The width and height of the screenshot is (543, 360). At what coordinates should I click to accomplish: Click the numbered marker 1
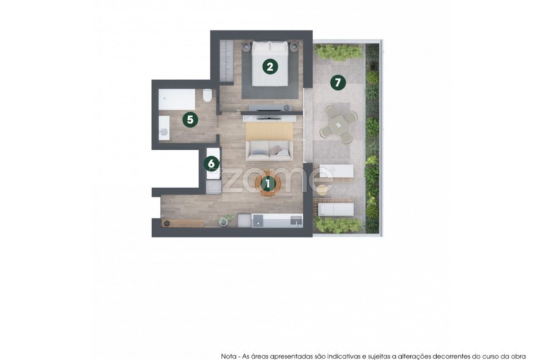pos(268,184)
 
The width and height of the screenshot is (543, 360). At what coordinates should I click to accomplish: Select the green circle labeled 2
pos(270,66)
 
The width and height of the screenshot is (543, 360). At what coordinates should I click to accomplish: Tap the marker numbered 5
pos(190,120)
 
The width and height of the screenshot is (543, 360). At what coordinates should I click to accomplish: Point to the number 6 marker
pos(211,163)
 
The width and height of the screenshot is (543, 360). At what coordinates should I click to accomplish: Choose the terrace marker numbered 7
pos(338,83)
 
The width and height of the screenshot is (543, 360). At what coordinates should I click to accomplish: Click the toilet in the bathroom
pos(207,95)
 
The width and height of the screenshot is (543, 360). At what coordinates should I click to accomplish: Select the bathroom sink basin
pos(164,128)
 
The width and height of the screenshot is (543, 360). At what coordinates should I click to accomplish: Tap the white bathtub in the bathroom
pos(177,99)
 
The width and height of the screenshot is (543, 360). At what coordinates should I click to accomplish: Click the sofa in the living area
pos(270,150)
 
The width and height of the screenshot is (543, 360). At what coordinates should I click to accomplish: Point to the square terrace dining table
pos(337,124)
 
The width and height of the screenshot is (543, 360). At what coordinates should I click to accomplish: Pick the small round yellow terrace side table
pos(322,190)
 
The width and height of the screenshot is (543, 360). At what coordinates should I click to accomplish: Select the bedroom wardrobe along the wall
pos(227,62)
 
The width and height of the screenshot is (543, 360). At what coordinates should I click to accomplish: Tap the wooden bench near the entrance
pos(183,223)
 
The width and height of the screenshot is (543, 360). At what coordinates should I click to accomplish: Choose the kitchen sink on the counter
pos(296,220)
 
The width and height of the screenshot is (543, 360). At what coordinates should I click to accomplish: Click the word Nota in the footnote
pos(229,356)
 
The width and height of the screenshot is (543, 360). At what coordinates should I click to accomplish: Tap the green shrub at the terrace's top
pos(339,52)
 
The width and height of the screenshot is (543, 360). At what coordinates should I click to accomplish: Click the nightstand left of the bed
pos(246,46)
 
